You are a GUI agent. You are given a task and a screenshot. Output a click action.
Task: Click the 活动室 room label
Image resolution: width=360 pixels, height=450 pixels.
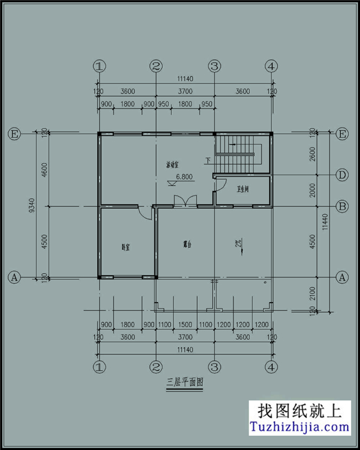(174, 165)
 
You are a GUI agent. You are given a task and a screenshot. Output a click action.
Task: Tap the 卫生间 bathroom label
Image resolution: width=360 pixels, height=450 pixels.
(243, 190)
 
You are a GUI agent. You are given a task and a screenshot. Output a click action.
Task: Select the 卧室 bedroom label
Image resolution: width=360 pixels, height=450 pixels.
(126, 247)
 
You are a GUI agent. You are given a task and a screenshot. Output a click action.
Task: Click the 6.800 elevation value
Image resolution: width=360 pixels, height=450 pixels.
(184, 177)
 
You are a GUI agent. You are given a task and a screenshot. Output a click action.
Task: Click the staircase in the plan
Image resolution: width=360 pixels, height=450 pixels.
(238, 154)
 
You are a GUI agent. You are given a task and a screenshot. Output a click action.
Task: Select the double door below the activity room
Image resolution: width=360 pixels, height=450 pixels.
(185, 201)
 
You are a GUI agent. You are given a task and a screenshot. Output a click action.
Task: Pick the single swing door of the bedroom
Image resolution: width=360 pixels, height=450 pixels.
(145, 212)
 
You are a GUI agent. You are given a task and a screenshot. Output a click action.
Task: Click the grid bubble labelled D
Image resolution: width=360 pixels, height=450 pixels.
(343, 176)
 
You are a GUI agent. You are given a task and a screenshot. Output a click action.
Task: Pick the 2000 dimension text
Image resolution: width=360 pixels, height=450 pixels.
(313, 191)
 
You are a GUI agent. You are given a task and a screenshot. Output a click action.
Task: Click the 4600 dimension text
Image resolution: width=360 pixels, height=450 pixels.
(44, 169)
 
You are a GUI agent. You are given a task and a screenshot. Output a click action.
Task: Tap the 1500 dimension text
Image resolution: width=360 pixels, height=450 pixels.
(186, 325)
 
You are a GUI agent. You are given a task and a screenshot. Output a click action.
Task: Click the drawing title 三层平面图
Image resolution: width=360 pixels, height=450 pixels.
(185, 383)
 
